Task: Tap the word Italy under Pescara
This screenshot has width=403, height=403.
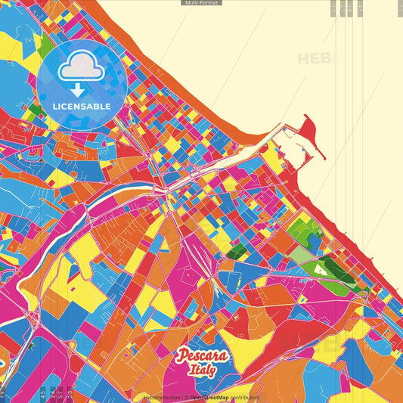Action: point(203,370)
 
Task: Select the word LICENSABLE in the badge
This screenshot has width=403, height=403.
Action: point(81,106)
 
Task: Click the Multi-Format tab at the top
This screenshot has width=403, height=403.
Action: point(201,3)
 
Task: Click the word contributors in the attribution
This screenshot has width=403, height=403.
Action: point(244,397)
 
